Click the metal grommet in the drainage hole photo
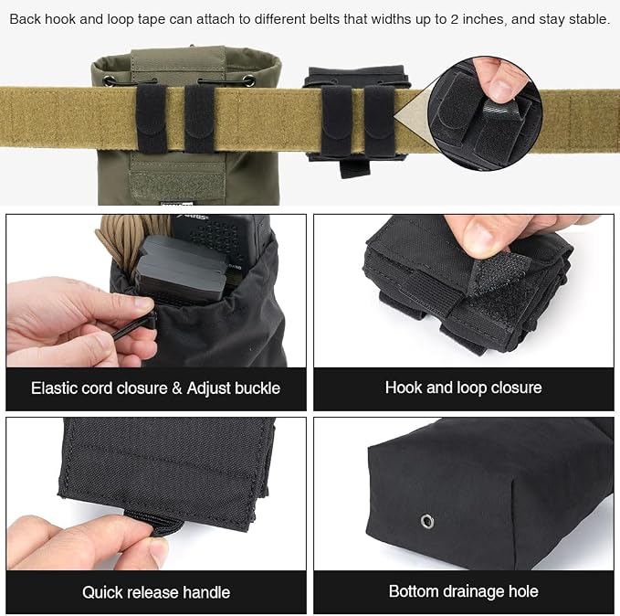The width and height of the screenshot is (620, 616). pyautogui.click(x=427, y=521)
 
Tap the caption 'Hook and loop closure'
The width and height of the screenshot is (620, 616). pyautogui.click(x=464, y=388)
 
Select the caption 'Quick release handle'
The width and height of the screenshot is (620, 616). pyautogui.click(x=156, y=592)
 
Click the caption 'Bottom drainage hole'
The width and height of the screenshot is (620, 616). pyautogui.click(x=464, y=591)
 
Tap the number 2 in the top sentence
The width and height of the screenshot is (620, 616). pyautogui.click(x=455, y=19)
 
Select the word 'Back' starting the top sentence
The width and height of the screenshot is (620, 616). pyautogui.click(x=25, y=19)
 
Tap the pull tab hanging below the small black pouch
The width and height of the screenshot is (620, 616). pyautogui.click(x=355, y=167)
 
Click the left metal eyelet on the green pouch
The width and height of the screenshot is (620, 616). pyautogui.click(x=109, y=80)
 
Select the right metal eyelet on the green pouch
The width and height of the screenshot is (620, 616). pyautogui.click(x=248, y=81)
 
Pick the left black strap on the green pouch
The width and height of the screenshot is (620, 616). pyautogui.click(x=152, y=119)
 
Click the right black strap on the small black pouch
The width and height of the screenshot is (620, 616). pyautogui.click(x=379, y=121)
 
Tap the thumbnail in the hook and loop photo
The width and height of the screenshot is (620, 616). pyautogui.click(x=481, y=237)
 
